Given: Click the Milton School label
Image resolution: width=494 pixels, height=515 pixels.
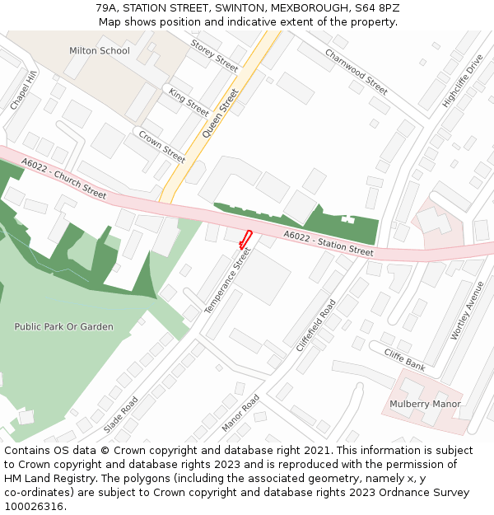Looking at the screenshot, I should click(99, 51).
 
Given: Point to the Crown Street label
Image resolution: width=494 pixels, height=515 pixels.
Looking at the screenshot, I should click(161, 146).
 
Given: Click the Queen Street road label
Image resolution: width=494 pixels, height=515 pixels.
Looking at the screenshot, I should click(219, 112).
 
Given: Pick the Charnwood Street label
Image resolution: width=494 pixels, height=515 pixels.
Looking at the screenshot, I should click(356, 70).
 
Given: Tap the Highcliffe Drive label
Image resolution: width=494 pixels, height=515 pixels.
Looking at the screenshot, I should click(462, 82).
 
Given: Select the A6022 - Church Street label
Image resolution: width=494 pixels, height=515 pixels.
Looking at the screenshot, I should click(64, 179).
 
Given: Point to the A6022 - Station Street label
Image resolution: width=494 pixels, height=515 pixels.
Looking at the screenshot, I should click(329, 243).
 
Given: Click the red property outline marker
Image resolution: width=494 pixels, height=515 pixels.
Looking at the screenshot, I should click(245, 239).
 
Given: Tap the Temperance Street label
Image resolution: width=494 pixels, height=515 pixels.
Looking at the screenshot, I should click(226, 280).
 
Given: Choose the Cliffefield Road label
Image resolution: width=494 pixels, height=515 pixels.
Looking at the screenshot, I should click(316, 325).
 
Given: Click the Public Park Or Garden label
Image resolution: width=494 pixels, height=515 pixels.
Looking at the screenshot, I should click(63, 327).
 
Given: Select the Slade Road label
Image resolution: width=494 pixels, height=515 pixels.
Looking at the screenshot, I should click(121, 414).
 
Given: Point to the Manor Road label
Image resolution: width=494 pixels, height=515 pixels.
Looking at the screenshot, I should click(240, 413).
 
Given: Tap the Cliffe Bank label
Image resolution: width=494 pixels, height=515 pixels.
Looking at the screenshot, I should click(405, 358).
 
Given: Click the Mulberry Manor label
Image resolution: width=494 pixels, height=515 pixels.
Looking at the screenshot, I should click(425, 404).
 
